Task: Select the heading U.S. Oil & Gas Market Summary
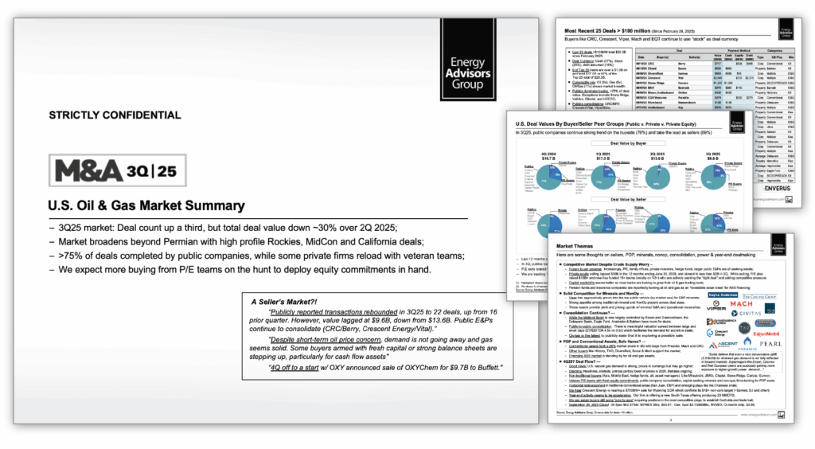click(146, 205)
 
